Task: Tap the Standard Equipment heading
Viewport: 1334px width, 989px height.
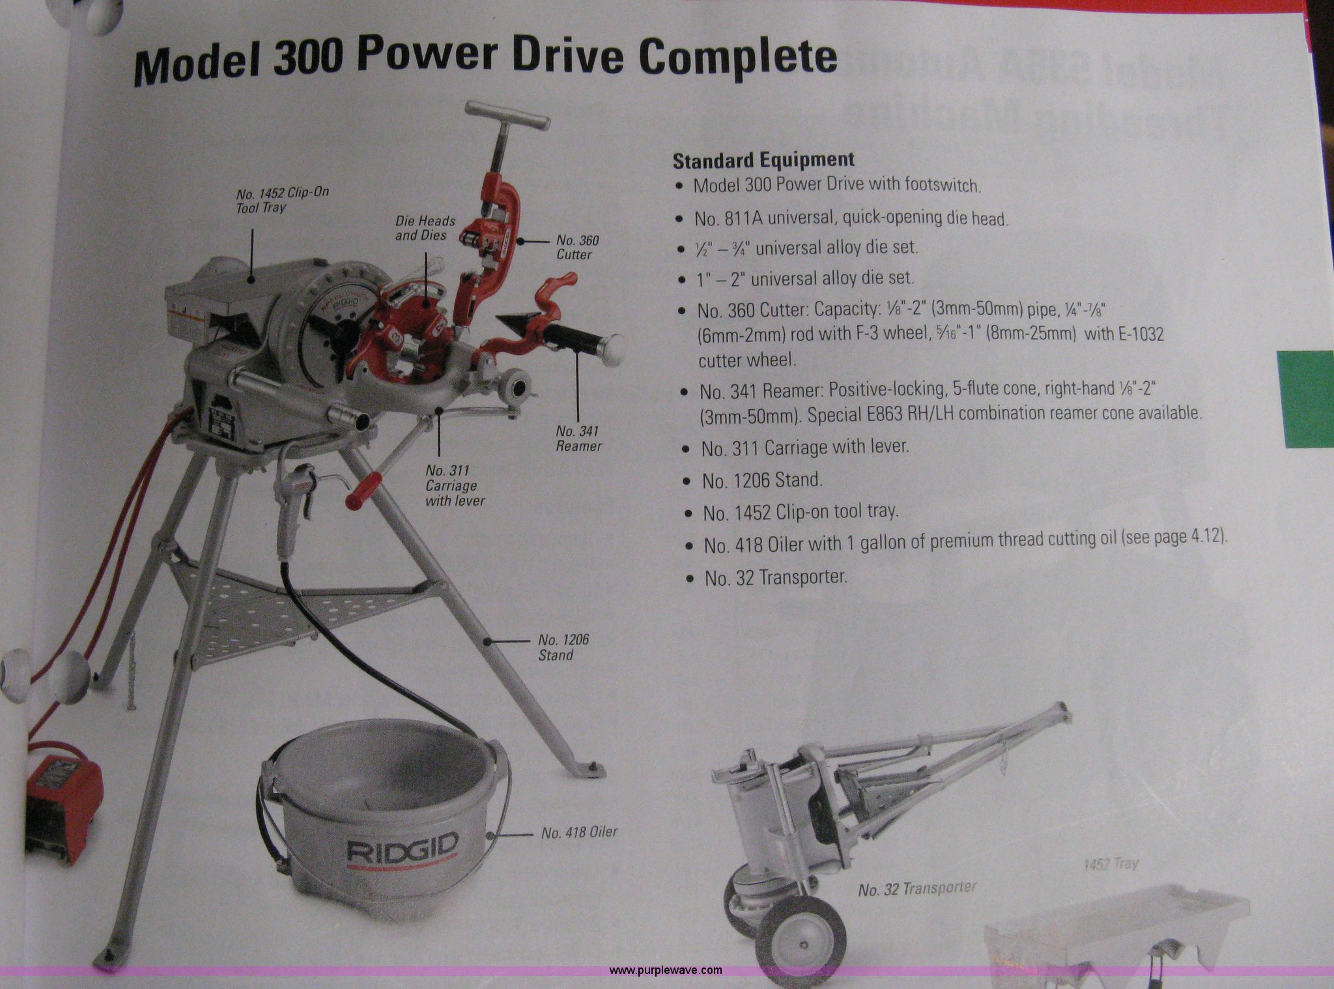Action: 763,160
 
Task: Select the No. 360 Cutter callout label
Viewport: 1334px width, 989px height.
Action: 577,248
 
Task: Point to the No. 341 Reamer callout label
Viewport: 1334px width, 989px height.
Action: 578,438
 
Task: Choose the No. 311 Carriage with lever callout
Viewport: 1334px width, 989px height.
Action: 455,485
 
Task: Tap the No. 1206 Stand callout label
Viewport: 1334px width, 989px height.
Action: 563,648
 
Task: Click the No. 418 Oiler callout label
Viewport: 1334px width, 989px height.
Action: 579,832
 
